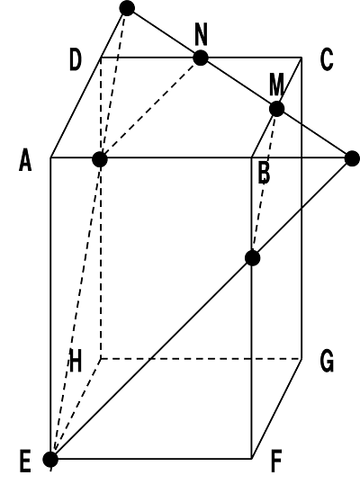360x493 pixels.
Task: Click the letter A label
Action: click(25, 160)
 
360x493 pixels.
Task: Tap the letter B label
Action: click(264, 173)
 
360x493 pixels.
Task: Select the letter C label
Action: click(327, 59)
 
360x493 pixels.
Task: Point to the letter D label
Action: click(76, 59)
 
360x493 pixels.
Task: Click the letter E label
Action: click(25, 462)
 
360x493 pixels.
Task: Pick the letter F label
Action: click(276, 462)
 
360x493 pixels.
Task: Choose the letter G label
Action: click(327, 362)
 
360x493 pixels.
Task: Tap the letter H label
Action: click(76, 361)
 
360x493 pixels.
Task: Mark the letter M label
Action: click(276, 85)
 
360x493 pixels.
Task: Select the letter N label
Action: click(202, 34)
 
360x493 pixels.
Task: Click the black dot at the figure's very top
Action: click(127, 8)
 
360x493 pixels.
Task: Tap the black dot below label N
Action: click(201, 58)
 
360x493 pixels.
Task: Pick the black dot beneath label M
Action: click(276, 109)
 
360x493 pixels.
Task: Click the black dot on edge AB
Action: click(100, 159)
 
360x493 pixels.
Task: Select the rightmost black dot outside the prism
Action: click(352, 158)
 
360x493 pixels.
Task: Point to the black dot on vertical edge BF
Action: click(252, 258)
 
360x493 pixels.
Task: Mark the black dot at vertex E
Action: click(50, 460)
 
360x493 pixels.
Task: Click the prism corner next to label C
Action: click(301, 58)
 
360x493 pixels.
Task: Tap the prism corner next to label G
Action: click(301, 358)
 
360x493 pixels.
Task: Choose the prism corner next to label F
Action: click(251, 459)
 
